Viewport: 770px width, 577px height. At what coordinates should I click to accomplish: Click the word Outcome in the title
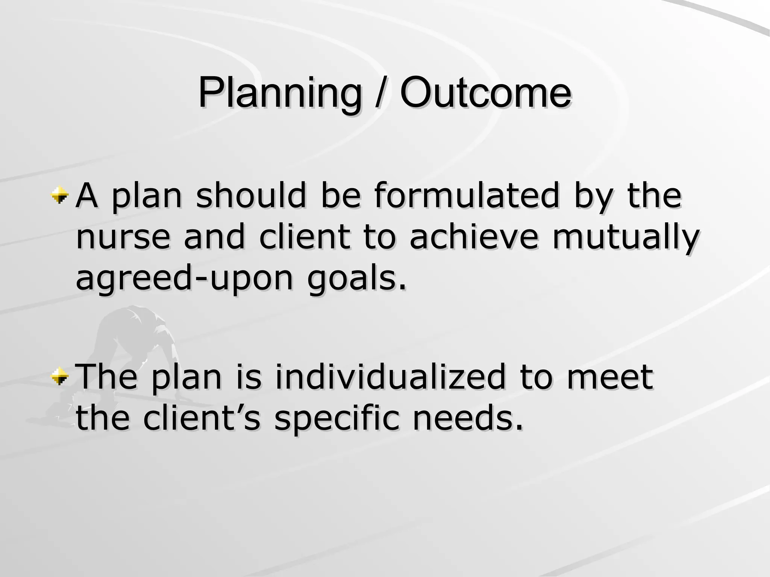click(x=485, y=92)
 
